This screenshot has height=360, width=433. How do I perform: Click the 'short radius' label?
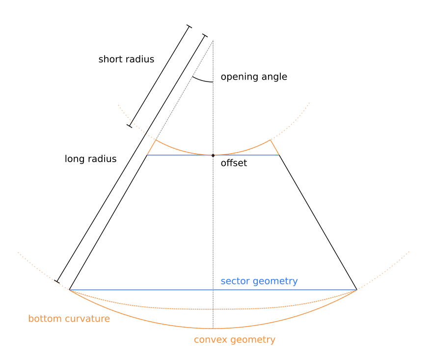pyautogui.click(x=126, y=59)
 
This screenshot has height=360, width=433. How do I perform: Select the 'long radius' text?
pyautogui.click(x=90, y=159)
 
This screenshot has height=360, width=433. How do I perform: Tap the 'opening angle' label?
pyautogui.click(x=254, y=77)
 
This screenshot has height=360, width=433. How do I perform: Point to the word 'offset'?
pyautogui.click(x=234, y=163)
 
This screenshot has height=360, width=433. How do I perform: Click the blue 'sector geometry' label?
pyautogui.click(x=259, y=281)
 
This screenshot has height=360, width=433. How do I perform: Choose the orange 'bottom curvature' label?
pyautogui.click(x=69, y=319)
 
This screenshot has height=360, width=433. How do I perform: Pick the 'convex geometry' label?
pyautogui.click(x=235, y=339)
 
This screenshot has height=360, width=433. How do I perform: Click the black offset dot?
pyautogui.click(x=213, y=156)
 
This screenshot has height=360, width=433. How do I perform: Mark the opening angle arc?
pyautogui.click(x=202, y=81)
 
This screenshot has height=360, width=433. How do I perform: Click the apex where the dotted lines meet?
pyautogui.click(x=213, y=41)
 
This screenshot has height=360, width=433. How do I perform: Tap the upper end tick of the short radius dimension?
pyautogui.click(x=189, y=27)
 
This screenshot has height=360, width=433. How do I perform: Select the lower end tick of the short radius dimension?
pyautogui.click(x=130, y=126)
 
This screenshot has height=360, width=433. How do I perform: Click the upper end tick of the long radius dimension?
pyautogui.click(x=205, y=36)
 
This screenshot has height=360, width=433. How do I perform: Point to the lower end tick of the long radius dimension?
pyautogui.click(x=57, y=281)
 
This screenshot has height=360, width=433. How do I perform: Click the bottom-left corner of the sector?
pyautogui.click(x=69, y=290)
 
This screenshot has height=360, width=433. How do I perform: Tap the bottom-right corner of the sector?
pyautogui.click(x=357, y=290)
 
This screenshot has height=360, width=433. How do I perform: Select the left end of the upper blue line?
pyautogui.click(x=147, y=155)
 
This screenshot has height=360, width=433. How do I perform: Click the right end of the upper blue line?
pyautogui.click(x=279, y=155)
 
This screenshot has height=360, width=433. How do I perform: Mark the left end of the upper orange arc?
pyautogui.click(x=156, y=140)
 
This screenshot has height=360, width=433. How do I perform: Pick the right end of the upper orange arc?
pyautogui.click(x=271, y=140)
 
